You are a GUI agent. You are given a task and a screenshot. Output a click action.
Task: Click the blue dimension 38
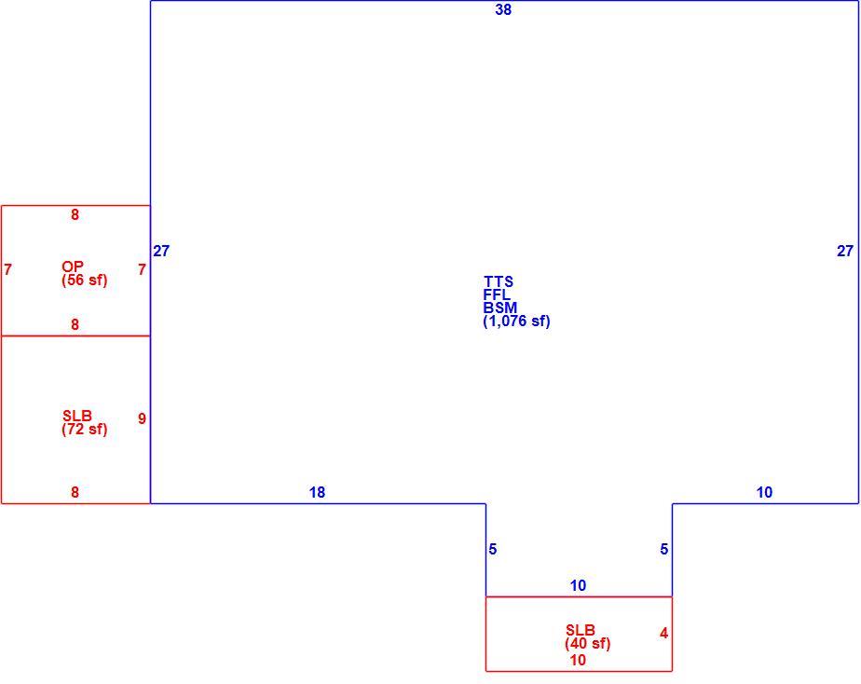pos(503,10)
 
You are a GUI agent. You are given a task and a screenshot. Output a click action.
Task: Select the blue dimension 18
pos(317,492)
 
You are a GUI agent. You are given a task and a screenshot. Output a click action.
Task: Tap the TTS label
pos(498,281)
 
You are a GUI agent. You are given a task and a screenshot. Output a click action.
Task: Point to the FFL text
pos(497,294)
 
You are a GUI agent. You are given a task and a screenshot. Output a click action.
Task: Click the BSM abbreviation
pos(499,308)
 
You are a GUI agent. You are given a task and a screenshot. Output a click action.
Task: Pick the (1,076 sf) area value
pos(516,321)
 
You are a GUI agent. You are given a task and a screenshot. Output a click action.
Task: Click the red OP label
pos(73,267)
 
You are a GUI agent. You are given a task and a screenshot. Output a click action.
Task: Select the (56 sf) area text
pos(84,280)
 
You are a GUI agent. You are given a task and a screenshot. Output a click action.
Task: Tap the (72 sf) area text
pos(84,430)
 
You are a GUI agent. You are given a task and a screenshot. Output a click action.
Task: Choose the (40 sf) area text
pos(587,643)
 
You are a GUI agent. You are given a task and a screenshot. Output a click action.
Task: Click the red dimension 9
pos(142,418)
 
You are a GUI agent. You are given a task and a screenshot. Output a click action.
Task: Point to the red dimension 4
pos(663,634)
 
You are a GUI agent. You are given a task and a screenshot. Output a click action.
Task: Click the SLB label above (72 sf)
pos(76,417)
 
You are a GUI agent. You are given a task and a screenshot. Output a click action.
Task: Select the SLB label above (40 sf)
pos(580,630)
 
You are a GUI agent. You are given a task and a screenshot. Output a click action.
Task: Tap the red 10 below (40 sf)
pos(577,661)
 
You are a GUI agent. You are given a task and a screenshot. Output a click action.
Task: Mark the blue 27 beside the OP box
pos(161,251)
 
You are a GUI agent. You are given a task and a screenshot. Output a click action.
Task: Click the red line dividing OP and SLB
pos(75,336)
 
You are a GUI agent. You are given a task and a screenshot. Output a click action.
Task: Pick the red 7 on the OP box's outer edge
pos(7,270)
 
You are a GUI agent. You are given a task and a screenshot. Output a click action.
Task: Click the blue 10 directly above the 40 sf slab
pos(578,586)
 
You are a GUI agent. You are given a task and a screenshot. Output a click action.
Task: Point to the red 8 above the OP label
pos(75,214)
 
